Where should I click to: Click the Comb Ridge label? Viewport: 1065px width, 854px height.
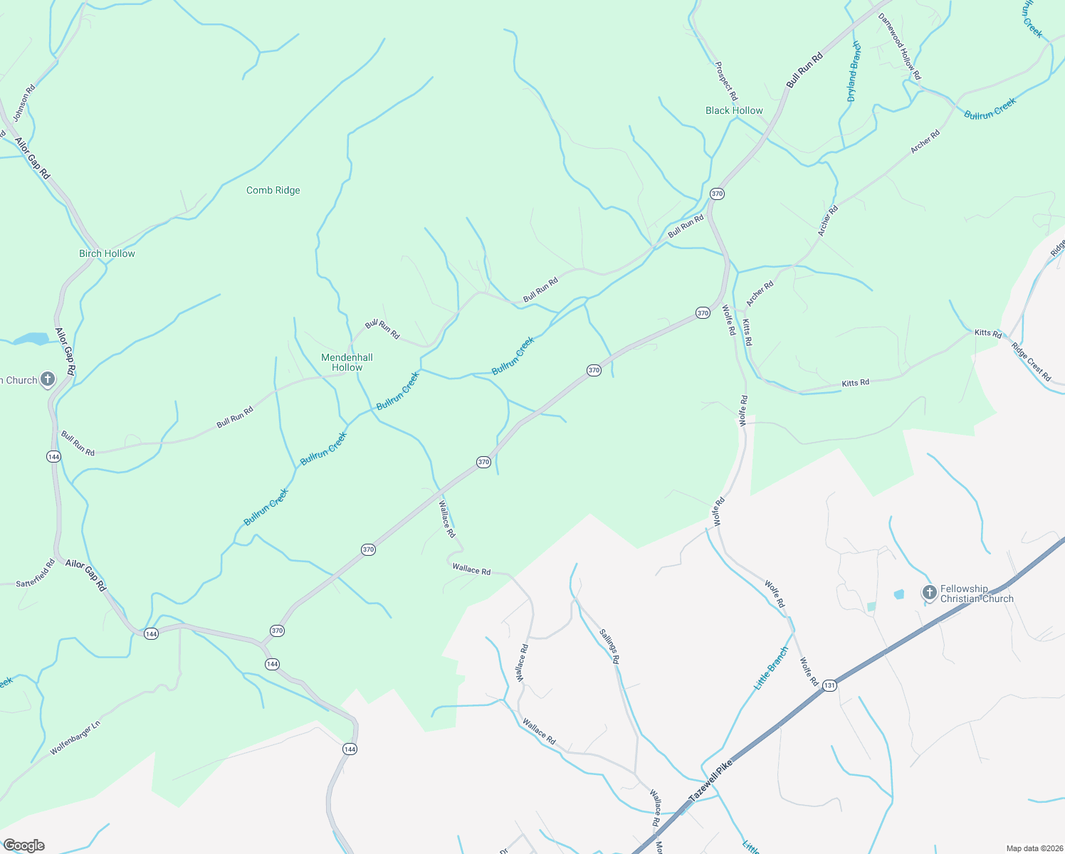(x=273, y=191)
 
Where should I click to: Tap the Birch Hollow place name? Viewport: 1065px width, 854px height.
(x=107, y=254)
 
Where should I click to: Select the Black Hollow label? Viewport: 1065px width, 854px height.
(x=734, y=111)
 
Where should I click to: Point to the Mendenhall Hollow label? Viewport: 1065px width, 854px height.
(x=347, y=363)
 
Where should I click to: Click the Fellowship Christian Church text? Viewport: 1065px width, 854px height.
(x=976, y=594)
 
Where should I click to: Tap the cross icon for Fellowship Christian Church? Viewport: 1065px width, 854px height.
(x=929, y=592)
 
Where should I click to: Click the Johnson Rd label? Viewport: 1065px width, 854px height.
(x=24, y=103)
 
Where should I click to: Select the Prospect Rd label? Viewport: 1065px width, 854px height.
(x=726, y=81)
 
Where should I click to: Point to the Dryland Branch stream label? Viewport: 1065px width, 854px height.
(x=854, y=72)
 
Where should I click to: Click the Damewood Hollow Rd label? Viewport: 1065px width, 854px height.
(x=900, y=46)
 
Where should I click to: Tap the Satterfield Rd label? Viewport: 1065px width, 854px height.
(x=36, y=574)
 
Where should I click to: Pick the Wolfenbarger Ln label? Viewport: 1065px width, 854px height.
(x=75, y=738)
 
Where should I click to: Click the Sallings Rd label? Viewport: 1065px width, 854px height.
(x=609, y=646)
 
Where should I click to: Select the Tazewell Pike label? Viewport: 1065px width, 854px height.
(x=710, y=781)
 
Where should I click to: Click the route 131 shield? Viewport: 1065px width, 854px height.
(x=829, y=685)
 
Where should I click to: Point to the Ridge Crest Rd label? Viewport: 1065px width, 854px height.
(x=1031, y=363)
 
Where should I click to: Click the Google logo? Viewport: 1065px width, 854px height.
(x=23, y=845)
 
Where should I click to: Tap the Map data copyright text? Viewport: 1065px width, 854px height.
(x=1033, y=848)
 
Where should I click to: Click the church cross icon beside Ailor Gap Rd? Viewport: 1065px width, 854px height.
(x=48, y=379)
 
